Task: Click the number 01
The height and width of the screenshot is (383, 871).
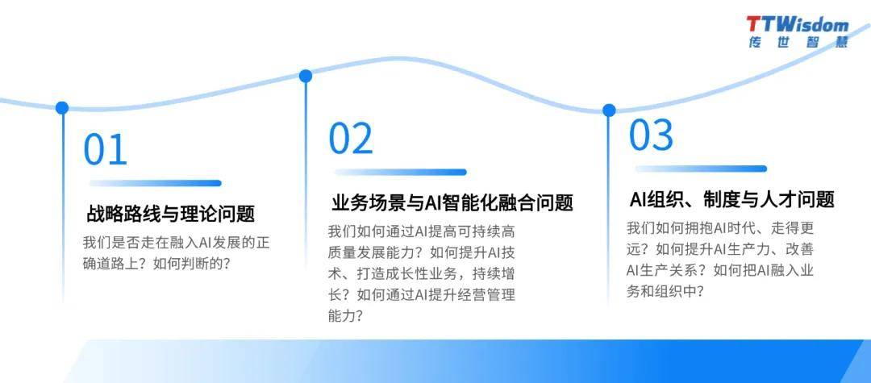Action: [105, 149]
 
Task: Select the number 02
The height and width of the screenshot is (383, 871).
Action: [351, 138]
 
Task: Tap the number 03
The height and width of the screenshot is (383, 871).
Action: [651, 135]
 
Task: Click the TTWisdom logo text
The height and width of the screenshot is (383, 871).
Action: [798, 24]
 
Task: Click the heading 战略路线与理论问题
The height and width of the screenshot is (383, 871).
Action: [170, 213]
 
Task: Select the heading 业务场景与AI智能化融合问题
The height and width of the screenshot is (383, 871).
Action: [452, 202]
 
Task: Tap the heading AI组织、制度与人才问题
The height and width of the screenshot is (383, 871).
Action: [732, 199]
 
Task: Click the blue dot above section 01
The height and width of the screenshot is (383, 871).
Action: [62, 108]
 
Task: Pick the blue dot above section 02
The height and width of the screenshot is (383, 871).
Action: [306, 76]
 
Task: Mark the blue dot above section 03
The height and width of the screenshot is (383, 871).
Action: [610, 110]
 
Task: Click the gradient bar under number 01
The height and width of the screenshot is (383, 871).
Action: [155, 183]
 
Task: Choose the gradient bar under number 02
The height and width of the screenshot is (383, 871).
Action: [400, 172]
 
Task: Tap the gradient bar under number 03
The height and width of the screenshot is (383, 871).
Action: [701, 169]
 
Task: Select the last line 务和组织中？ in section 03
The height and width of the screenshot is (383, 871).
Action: [665, 291]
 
